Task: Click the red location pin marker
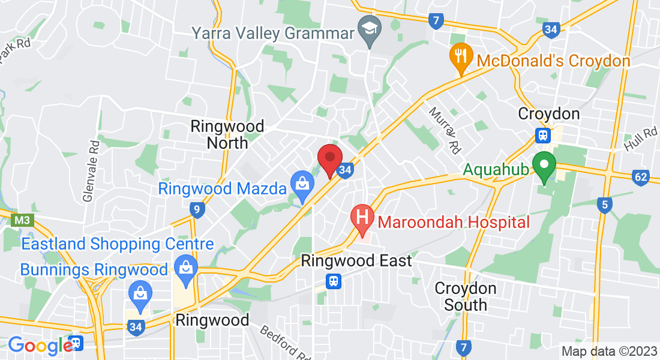tap(329, 158)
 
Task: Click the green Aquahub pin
tap(545, 166)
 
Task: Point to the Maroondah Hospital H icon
tap(362, 217)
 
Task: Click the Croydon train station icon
tap(544, 135)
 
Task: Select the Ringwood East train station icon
tap(333, 281)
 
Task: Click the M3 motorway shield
tap(21, 220)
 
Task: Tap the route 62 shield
tap(641, 177)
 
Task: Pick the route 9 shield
tap(196, 209)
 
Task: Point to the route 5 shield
tap(604, 206)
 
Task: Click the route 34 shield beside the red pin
tap(344, 170)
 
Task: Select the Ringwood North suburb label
tap(227, 134)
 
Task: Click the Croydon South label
tap(466, 296)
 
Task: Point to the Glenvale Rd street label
tap(92, 172)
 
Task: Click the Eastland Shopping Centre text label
tap(118, 244)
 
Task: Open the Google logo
tap(40, 346)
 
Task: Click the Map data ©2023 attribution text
tap(608, 351)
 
